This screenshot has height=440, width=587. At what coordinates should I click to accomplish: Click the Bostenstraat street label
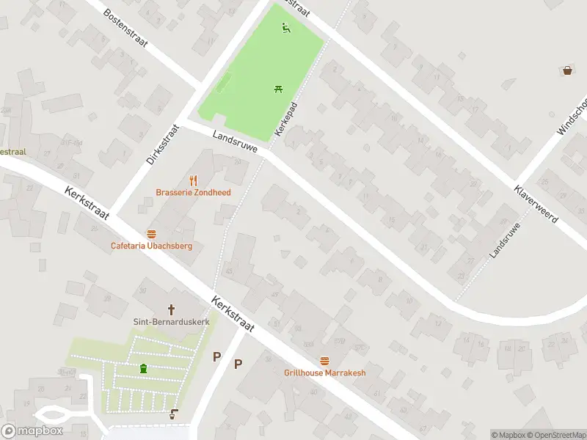(125, 28)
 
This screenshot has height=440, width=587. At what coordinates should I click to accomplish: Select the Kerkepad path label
(286, 118)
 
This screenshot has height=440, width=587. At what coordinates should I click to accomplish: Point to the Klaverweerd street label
(536, 204)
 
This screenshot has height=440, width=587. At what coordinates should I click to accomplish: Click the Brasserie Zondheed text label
(193, 193)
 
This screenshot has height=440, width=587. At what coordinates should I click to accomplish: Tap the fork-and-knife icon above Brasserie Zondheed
(194, 180)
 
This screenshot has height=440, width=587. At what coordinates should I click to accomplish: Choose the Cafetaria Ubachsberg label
(151, 246)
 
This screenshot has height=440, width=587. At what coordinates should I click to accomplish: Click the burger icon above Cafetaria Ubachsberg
(151, 233)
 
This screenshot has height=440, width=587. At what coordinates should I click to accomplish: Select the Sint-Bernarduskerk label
(171, 322)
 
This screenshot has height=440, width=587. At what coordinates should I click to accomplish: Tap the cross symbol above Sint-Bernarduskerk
(172, 309)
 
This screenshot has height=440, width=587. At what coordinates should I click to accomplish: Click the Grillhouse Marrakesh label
(324, 373)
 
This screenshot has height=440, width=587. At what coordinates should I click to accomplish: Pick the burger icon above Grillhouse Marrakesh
(325, 361)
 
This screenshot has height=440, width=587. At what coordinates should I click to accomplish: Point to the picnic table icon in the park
(279, 89)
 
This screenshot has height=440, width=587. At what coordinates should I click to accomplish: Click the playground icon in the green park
(286, 29)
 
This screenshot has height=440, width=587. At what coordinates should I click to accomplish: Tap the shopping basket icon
(567, 70)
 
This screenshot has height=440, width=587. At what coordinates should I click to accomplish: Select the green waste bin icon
(143, 368)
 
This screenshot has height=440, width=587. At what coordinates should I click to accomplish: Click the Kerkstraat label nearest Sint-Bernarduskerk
(233, 314)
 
